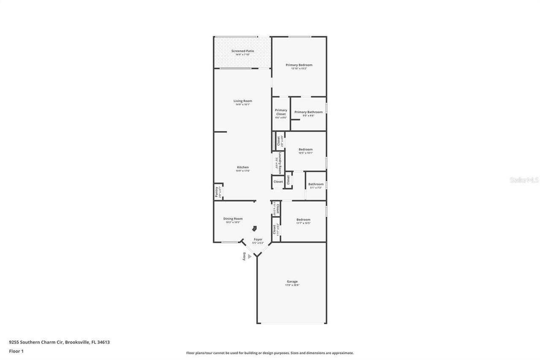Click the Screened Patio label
click(x=243, y=51)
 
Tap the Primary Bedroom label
click(x=299, y=65)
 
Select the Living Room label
click(x=243, y=101)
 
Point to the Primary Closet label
click(x=281, y=112)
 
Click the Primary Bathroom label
click(x=308, y=112)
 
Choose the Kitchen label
click(x=243, y=168)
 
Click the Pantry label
click(x=217, y=192)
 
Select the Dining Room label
click(x=233, y=219)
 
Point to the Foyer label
click(x=258, y=239)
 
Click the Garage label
click(x=292, y=282)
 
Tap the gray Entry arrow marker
click(x=250, y=256)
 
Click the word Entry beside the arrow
click(x=244, y=256)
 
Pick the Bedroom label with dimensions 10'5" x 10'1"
click(x=305, y=149)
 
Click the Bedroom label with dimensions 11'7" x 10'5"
click(x=303, y=219)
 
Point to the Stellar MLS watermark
click(x=524, y=180)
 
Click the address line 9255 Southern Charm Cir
click(x=59, y=342)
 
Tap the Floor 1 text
click(x=16, y=351)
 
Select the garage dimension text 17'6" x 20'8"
click(x=292, y=285)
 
